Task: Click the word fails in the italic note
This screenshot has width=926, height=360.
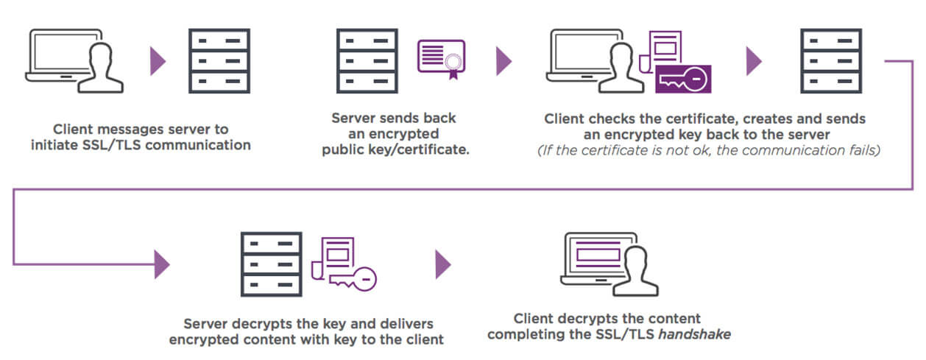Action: pos(864,151)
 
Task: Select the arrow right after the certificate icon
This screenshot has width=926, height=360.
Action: pos(503,61)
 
